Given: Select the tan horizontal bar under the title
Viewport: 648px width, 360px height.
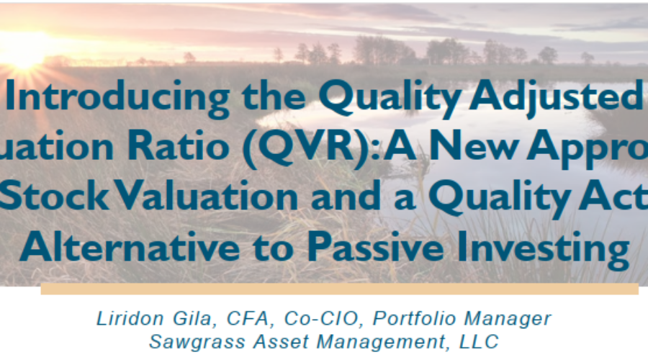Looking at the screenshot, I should click(x=339, y=289).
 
